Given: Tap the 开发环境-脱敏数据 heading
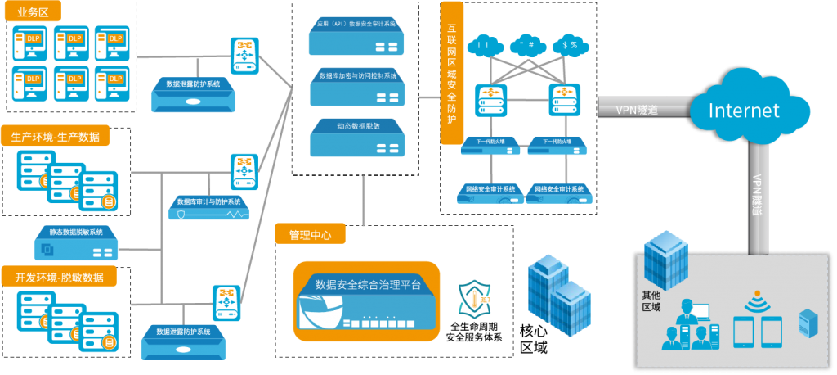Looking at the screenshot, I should click(59, 278).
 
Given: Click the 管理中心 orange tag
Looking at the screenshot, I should click(311, 235).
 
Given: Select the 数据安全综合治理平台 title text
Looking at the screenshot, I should click(368, 285).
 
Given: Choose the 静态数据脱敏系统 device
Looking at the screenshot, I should click(78, 243).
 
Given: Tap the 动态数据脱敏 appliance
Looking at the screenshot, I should click(357, 137).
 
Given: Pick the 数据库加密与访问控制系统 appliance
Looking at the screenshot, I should click(357, 87).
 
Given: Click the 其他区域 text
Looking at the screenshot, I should click(651, 301).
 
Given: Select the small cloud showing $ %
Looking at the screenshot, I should click(570, 45).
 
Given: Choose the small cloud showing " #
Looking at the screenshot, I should click(526, 45).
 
